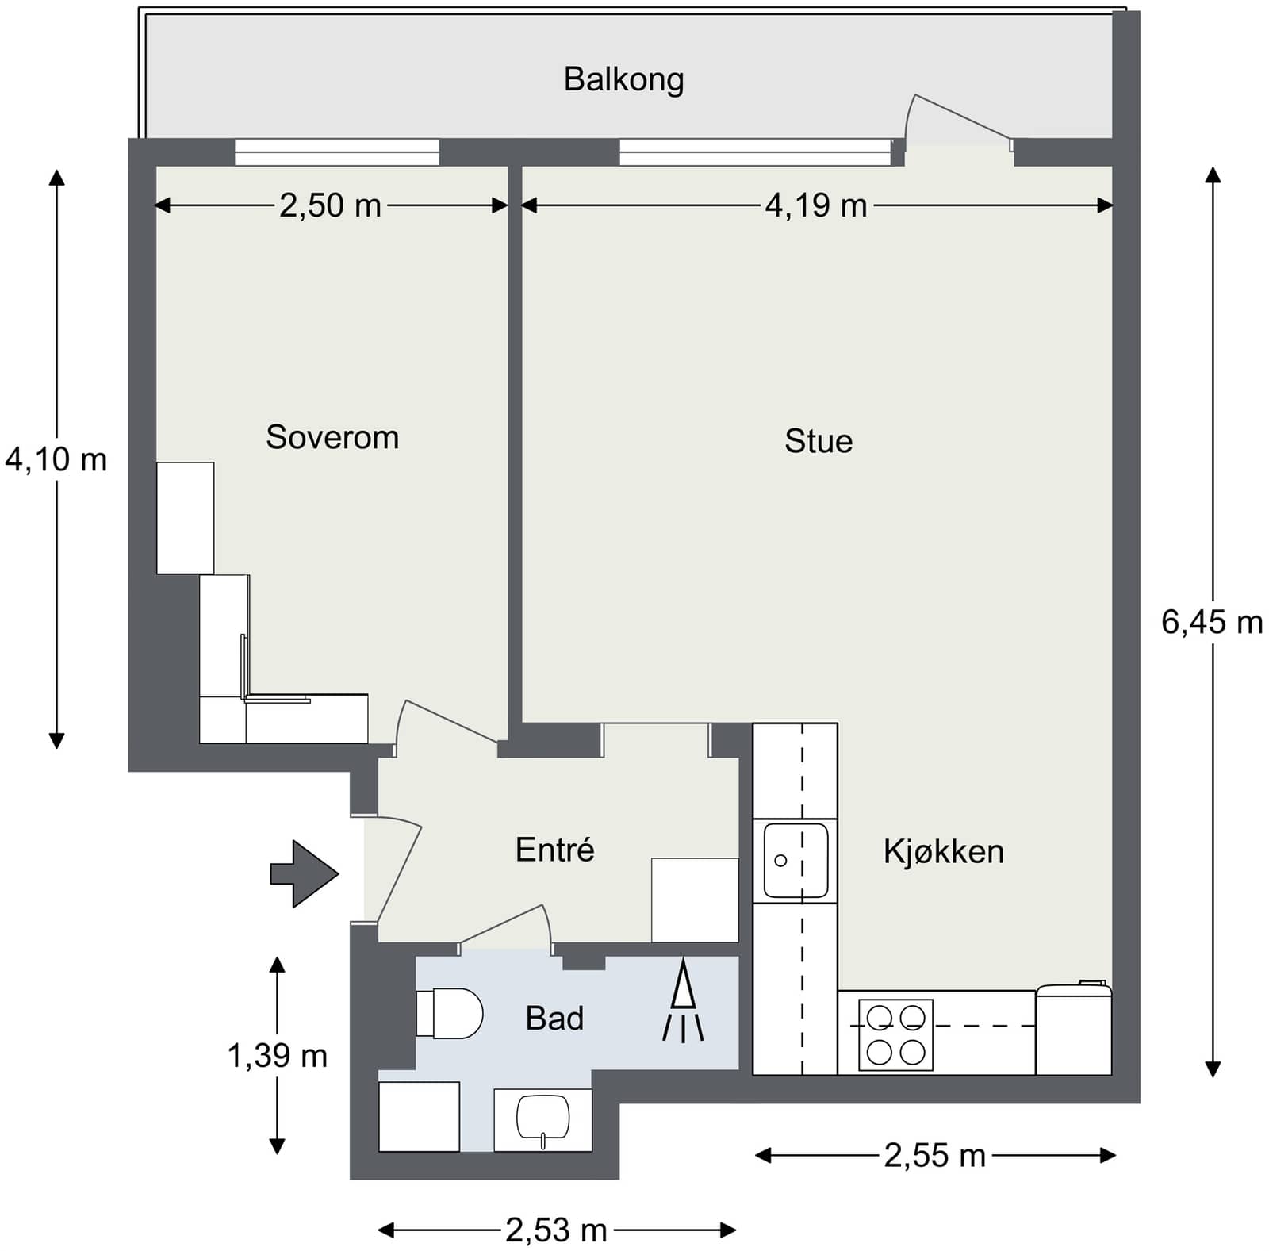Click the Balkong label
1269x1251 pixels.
click(623, 80)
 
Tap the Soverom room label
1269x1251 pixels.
click(332, 437)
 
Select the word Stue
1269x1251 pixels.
click(819, 441)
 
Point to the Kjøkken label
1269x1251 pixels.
click(944, 851)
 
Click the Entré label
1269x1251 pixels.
click(554, 849)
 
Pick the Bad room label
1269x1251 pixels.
click(554, 1018)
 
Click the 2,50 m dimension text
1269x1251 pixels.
click(330, 205)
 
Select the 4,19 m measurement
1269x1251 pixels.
click(816, 205)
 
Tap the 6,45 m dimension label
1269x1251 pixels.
click(1212, 622)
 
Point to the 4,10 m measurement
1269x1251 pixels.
click(56, 459)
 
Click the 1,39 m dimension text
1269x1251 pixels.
click(277, 1056)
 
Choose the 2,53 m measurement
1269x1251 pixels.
click(556, 1230)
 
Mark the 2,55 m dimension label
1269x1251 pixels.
click(934, 1156)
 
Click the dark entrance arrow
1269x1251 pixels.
click(305, 873)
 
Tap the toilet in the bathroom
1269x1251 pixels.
click(450, 1013)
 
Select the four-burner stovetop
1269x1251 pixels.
click(895, 1035)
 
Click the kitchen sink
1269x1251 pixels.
click(796, 861)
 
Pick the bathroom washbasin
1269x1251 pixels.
click(543, 1119)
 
